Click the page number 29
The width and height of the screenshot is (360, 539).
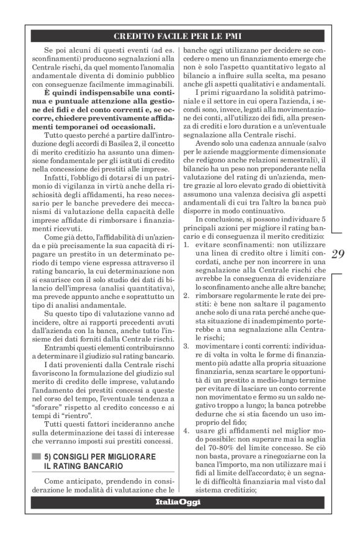click(340, 253)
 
